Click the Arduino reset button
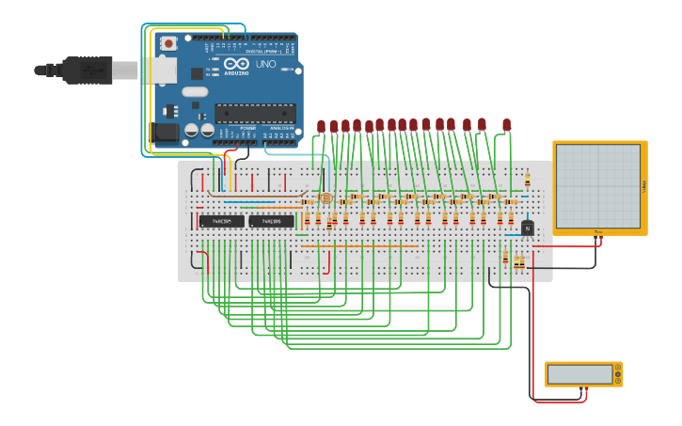pyautogui.click(x=168, y=43)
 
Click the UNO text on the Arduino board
pyautogui.click(x=265, y=64)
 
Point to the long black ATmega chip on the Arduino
pyautogui.click(x=255, y=114)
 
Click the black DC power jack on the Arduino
pyautogui.click(x=166, y=132)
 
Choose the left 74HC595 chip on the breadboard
pyautogui.click(x=221, y=221)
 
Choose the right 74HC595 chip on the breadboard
pyautogui.click(x=271, y=221)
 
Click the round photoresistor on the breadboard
pyautogui.click(x=325, y=198)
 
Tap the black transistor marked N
pyautogui.click(x=527, y=228)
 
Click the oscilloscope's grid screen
pyautogui.click(x=598, y=185)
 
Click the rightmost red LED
pyautogui.click(x=506, y=124)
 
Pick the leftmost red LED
pyautogui.click(x=321, y=126)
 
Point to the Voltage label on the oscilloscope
pyautogui.click(x=643, y=186)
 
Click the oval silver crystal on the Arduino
pyautogui.click(x=195, y=92)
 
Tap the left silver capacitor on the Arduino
pyautogui.click(x=192, y=131)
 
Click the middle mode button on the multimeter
pyautogui.click(x=618, y=374)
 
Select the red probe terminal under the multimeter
pyautogui.click(x=586, y=387)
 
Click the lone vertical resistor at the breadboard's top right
pyautogui.click(x=527, y=179)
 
